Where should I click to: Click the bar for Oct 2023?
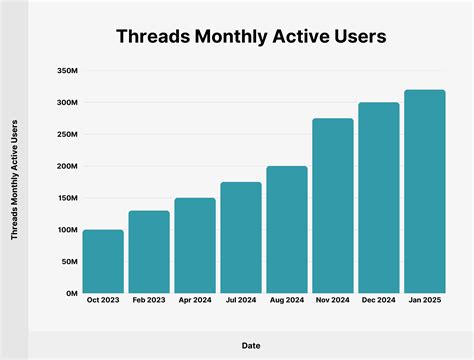coord(103,262)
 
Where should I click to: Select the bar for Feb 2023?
coord(149,252)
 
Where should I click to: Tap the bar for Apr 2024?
coord(195,246)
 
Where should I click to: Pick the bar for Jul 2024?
coord(241,238)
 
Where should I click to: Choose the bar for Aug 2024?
coord(287,230)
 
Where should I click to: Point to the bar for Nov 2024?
coord(333,206)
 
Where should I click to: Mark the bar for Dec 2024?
coord(379,198)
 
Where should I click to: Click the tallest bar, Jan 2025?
coord(425,192)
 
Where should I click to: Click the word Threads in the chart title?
coord(156,37)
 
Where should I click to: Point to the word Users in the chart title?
coord(354,37)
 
